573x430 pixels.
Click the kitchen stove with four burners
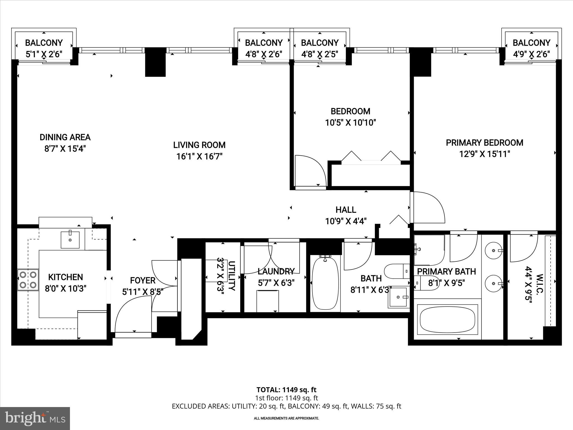click(28, 280)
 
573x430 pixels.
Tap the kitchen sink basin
click(70, 240)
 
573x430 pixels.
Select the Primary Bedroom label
click(484, 143)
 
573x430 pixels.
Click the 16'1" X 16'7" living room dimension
click(199, 156)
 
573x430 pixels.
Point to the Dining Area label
click(65, 137)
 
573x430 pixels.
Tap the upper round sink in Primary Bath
click(493, 251)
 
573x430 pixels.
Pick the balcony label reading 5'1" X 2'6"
click(44, 54)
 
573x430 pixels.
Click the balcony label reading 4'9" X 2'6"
click(531, 54)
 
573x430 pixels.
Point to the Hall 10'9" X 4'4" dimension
click(346, 221)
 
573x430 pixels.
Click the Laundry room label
click(276, 271)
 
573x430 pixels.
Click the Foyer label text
click(142, 281)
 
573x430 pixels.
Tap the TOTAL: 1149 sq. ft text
click(286, 390)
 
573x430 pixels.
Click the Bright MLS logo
click(35, 419)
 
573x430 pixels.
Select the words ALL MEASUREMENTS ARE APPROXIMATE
click(286, 419)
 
